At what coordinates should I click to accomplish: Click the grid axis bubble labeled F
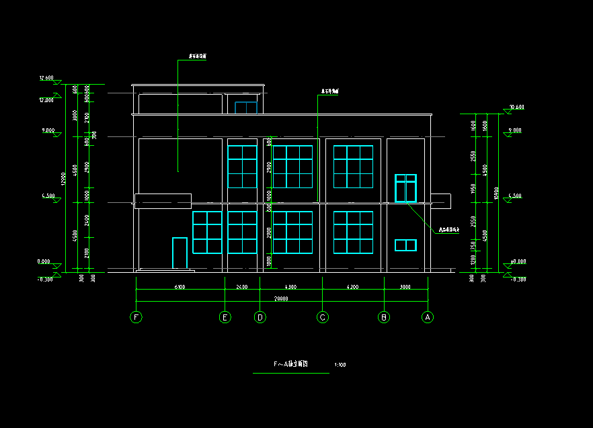coord(136,317)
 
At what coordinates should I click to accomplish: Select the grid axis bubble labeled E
coord(225,317)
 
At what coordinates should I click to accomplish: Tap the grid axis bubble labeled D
coord(260,317)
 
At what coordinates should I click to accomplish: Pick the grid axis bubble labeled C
coord(323,317)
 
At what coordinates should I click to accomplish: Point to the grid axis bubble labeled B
coord(384,317)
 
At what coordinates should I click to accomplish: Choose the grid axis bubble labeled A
coord(427,317)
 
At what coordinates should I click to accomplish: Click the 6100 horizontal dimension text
coord(180,287)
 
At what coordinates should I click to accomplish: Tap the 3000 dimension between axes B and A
coord(405,287)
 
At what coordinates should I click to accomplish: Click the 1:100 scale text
coord(340,366)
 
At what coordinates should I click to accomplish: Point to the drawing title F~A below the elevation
coord(290,363)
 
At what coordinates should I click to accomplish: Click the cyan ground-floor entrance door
coord(180,253)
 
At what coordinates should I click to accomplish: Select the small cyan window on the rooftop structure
coord(246,108)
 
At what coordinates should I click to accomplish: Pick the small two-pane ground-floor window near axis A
coord(405,245)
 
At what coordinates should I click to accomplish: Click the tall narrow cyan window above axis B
coord(405,188)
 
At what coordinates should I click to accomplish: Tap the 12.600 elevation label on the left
coord(46,79)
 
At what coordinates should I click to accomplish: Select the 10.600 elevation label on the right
coord(516,108)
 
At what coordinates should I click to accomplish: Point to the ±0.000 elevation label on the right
coord(516,261)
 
